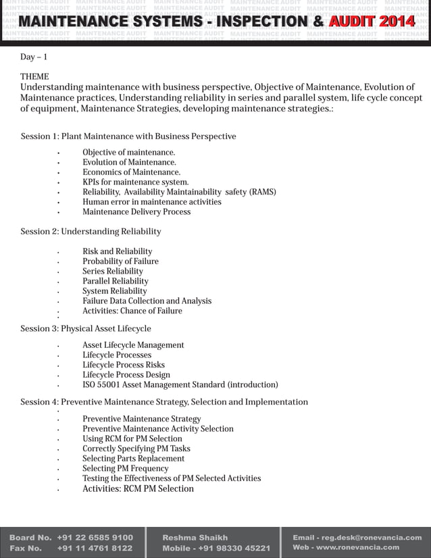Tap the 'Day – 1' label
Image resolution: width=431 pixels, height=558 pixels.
[34, 57]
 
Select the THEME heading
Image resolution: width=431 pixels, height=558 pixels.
[34, 77]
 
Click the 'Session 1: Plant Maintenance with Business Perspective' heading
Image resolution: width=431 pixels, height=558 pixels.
[128, 136]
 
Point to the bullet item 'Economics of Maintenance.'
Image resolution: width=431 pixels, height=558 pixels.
[131, 172]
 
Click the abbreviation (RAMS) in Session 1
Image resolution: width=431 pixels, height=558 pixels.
[262, 192]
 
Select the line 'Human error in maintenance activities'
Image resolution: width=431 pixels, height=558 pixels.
[152, 202]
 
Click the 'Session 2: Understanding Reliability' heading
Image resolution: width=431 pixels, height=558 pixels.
[91, 232]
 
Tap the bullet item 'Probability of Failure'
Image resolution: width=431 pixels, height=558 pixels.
[120, 261]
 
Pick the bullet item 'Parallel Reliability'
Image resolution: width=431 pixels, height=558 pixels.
[116, 281]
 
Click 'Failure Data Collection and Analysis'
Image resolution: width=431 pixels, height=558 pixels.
[147, 301]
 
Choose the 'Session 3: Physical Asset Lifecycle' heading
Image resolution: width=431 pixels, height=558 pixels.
[86, 329]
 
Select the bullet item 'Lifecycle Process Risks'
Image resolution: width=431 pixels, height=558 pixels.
[124, 365]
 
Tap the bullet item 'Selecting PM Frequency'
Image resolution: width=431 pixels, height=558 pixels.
[125, 468]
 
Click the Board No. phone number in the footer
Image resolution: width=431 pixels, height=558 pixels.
[95, 538]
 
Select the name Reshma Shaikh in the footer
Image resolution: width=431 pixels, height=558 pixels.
[195, 538]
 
